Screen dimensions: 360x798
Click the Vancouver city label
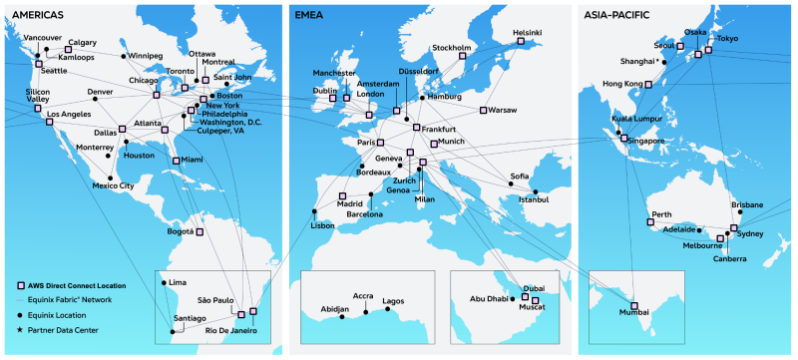pos(41,38)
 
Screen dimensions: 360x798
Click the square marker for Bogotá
pos(199,232)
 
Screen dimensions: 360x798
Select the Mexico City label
pos(112,185)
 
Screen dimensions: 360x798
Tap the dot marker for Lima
pos(165,284)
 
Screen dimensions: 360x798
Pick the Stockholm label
pos(452,47)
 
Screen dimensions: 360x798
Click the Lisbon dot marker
pos(315,211)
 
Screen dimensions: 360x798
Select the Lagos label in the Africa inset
pos(393,300)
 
